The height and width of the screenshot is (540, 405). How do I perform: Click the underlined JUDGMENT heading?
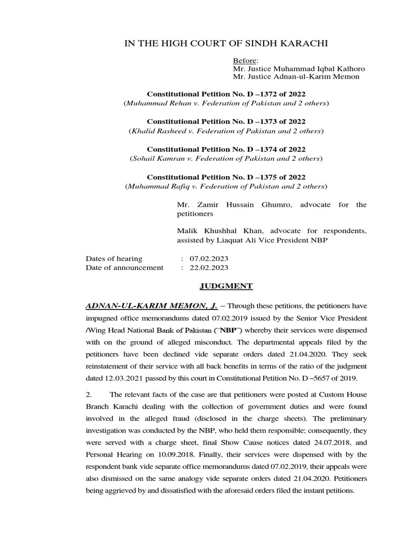pyautogui.click(x=219, y=286)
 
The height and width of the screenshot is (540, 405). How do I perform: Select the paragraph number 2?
pyautogui.click(x=89, y=396)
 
